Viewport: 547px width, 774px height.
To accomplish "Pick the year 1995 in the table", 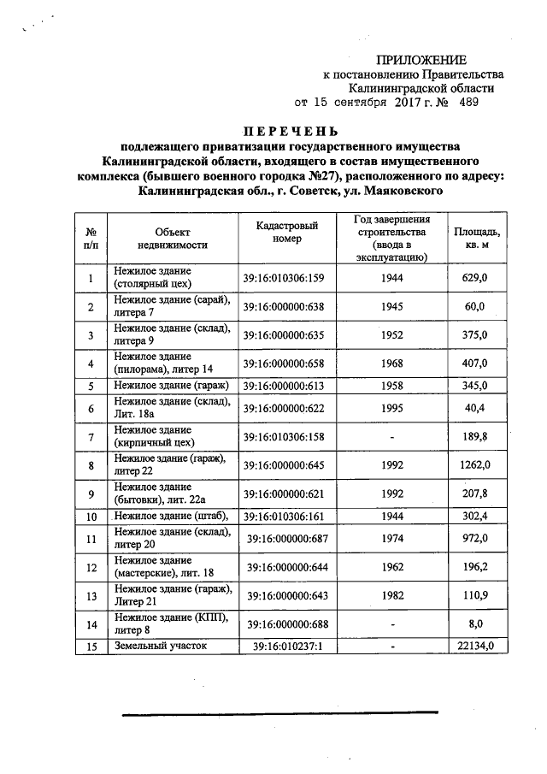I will point(391,409).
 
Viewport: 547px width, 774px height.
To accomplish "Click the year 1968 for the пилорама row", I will point(391,363).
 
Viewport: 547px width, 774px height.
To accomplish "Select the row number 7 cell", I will point(90,437).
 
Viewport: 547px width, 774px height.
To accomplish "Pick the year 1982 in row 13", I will point(391,594).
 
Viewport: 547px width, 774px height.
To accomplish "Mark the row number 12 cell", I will point(90,566).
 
